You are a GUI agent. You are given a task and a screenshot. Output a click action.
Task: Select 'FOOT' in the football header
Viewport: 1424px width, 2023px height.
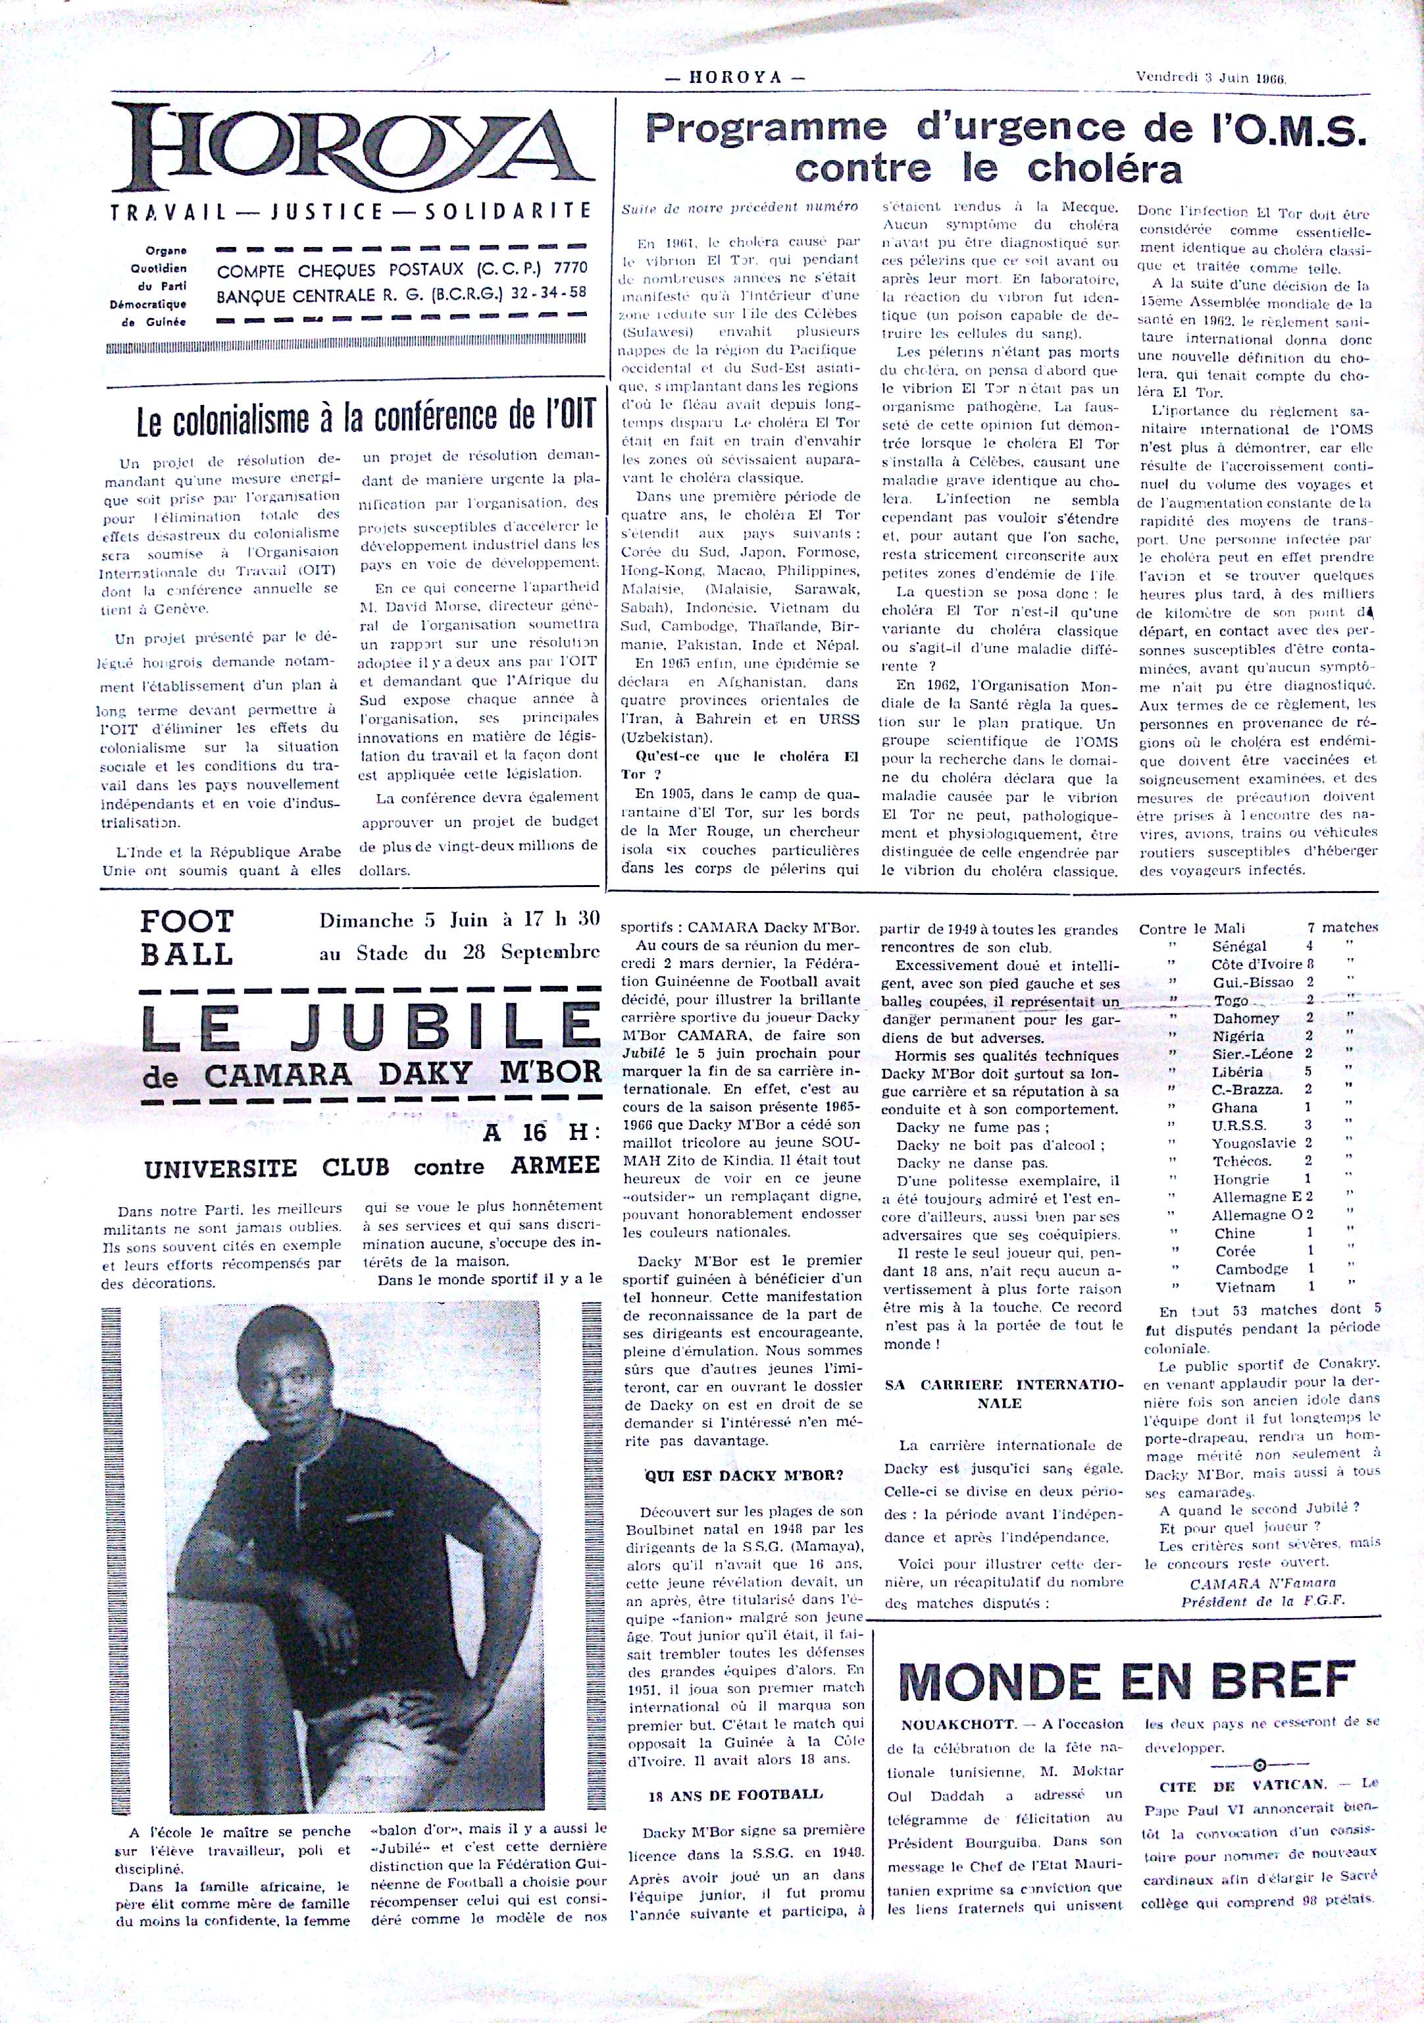(x=187, y=922)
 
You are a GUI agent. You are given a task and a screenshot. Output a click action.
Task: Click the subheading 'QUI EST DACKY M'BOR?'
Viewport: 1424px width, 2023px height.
(x=744, y=1476)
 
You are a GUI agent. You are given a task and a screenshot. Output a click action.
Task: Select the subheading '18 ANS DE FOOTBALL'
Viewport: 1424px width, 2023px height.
(x=734, y=1794)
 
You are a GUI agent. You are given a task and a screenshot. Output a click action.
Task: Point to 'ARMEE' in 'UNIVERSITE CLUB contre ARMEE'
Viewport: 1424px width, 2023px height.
(x=555, y=1166)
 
